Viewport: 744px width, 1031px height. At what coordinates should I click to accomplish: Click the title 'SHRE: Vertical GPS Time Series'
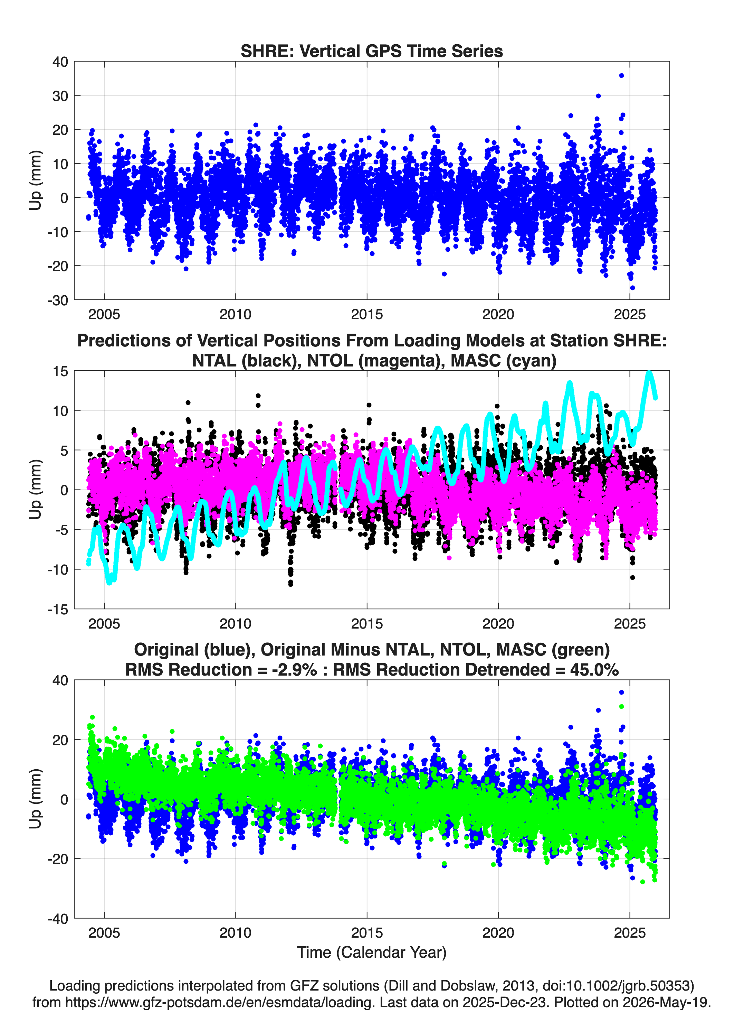[x=372, y=51]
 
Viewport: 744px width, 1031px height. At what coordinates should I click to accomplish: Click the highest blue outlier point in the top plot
[x=621, y=75]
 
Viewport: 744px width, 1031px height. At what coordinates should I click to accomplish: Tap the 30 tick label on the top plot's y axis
[x=60, y=96]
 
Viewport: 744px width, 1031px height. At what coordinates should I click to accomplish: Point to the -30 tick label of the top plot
[x=58, y=300]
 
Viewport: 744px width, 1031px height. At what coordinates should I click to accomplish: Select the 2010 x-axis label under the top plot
[x=235, y=314]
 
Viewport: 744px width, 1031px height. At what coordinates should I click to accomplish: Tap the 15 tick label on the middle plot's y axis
[x=60, y=371]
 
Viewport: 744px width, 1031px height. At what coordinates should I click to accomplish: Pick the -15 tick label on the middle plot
[x=58, y=609]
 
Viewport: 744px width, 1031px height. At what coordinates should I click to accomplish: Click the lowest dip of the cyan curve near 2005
[x=109, y=582]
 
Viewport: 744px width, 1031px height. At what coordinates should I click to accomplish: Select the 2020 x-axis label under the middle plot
[x=498, y=624]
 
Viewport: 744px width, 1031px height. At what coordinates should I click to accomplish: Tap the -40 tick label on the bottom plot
[x=58, y=919]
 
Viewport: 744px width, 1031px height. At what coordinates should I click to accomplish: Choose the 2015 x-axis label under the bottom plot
[x=367, y=933]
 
